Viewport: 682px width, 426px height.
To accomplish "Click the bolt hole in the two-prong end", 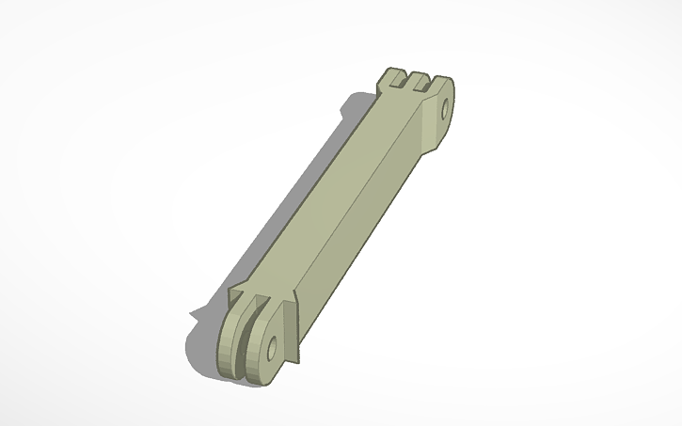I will click(x=272, y=348).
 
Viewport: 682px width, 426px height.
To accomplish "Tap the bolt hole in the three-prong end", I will click(x=444, y=106).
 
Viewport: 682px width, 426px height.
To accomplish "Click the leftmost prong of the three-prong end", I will click(x=390, y=77).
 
